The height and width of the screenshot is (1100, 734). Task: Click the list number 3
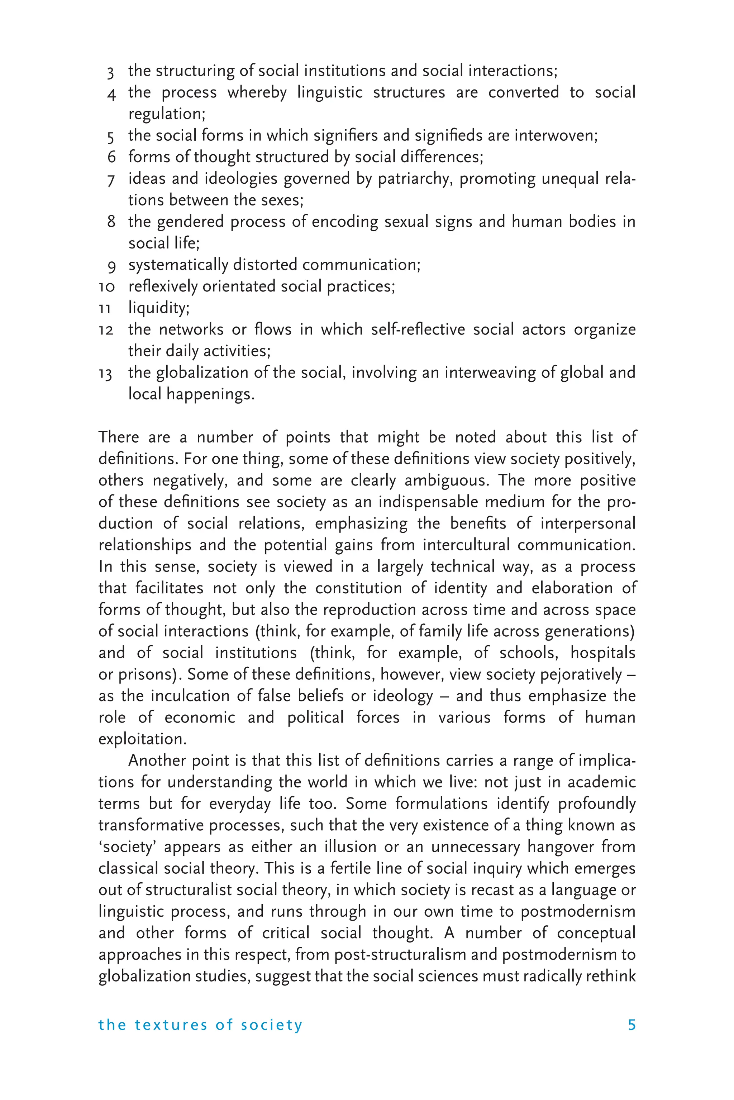[110, 72]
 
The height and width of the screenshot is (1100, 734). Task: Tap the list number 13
[106, 374]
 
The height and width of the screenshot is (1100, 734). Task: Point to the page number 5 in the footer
[631, 1025]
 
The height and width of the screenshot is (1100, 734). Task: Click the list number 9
[111, 266]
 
